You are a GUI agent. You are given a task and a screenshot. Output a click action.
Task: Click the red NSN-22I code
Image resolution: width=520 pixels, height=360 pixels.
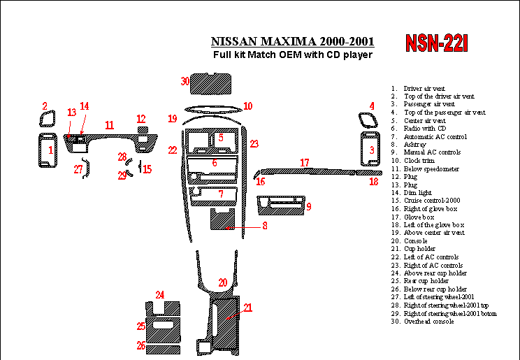(437, 43)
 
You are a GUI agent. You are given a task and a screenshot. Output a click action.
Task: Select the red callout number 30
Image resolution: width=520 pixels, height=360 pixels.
(185, 82)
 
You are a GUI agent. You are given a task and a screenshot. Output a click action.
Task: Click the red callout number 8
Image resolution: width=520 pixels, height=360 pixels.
(265, 226)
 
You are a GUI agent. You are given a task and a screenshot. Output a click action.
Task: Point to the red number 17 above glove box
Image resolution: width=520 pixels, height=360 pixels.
(305, 163)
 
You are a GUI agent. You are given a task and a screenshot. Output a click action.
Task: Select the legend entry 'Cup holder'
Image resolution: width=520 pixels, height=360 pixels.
(419, 249)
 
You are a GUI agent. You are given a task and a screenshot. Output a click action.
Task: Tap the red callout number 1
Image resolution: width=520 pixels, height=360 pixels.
(50, 150)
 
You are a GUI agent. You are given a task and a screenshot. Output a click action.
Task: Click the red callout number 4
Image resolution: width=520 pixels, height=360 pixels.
(372, 106)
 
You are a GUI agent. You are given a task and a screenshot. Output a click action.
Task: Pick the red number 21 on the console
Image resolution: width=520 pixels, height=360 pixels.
(247, 307)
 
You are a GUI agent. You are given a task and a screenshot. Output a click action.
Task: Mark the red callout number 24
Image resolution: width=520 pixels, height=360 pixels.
(160, 295)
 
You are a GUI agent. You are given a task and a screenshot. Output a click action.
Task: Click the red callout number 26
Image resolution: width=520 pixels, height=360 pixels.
(141, 345)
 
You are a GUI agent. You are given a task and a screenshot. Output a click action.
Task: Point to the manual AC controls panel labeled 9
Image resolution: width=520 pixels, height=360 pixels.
(281, 205)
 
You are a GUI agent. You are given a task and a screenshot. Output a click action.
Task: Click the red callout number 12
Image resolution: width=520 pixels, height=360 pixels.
(141, 119)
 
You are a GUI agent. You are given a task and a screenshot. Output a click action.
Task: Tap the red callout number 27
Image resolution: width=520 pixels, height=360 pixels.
(78, 169)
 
